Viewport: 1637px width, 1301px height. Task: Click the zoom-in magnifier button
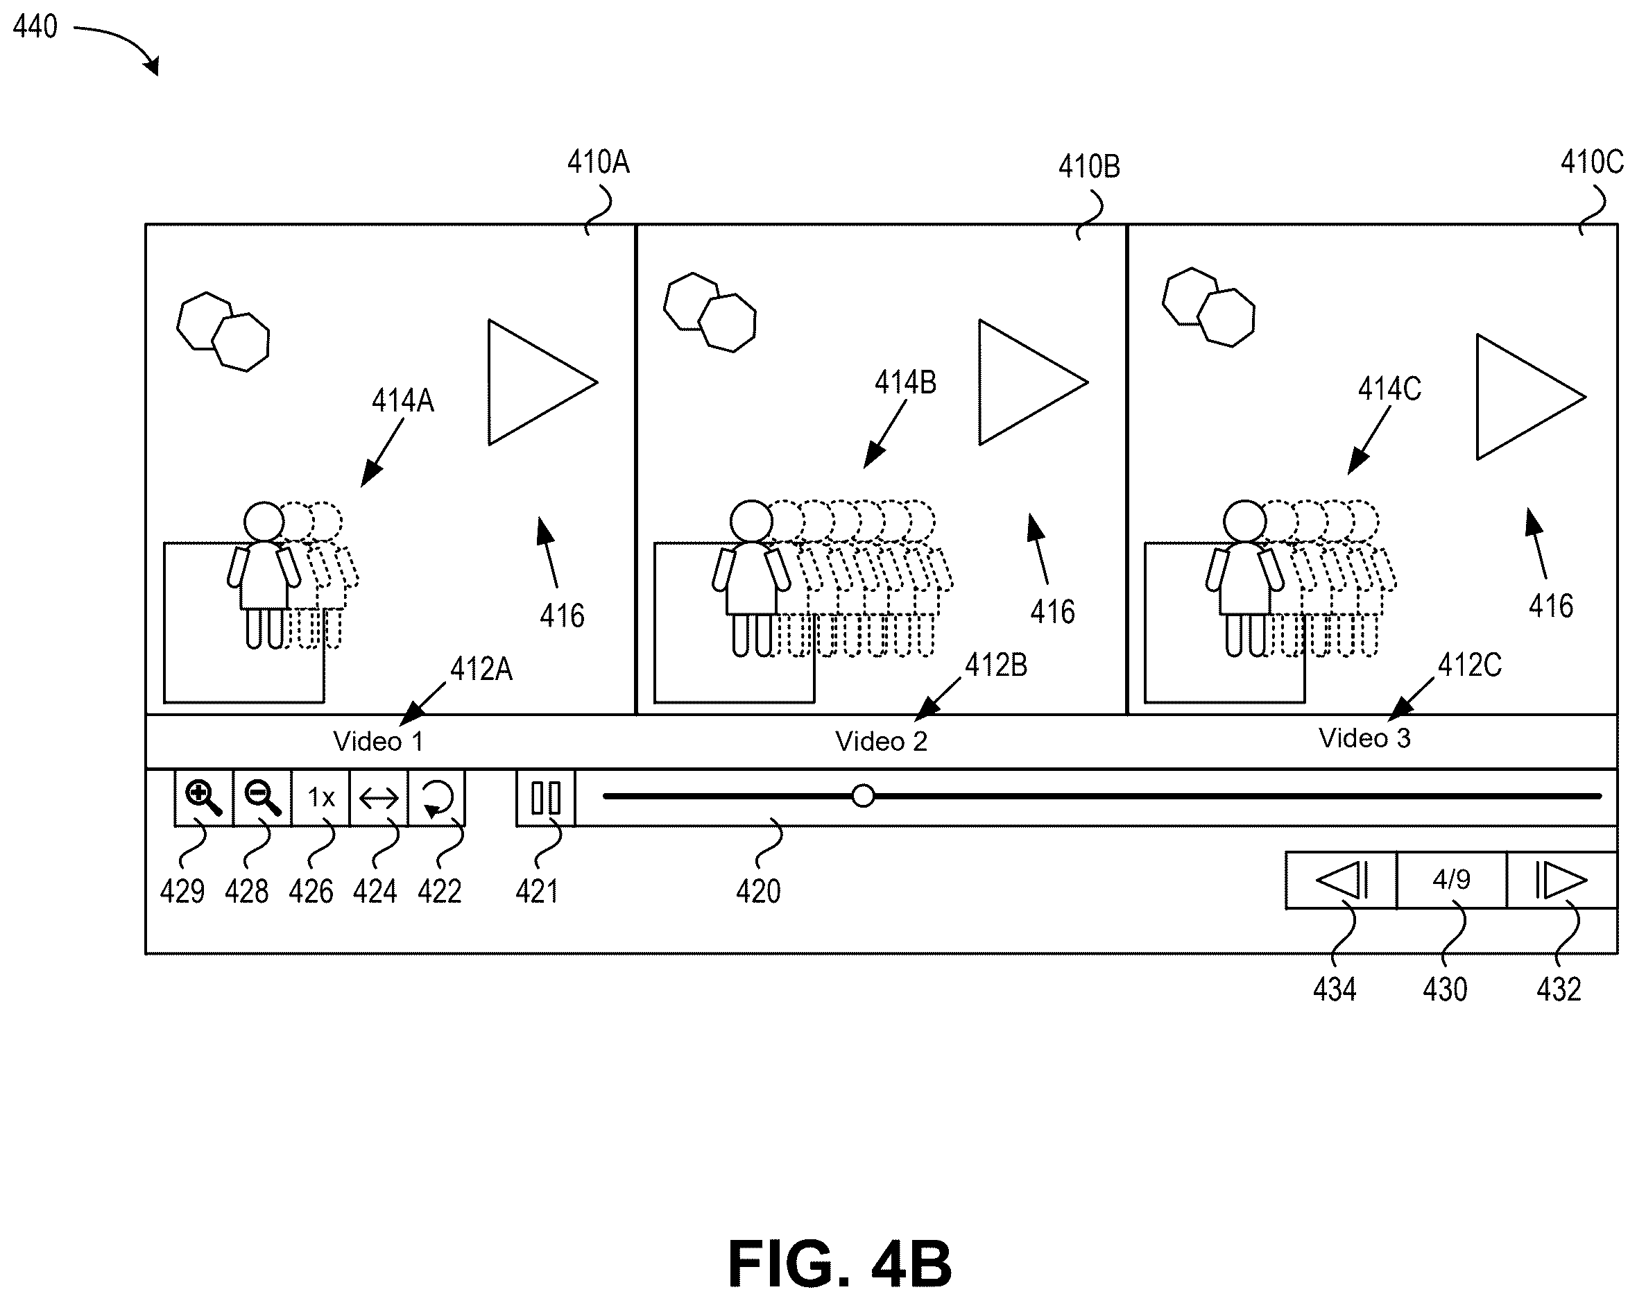[204, 798]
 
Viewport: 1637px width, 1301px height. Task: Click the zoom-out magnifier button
[263, 798]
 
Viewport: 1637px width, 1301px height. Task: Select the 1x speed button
[321, 798]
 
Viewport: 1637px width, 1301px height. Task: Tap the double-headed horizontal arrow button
[379, 798]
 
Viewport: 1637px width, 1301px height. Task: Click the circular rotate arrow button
[438, 798]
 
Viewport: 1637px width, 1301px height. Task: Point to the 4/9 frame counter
[1452, 881]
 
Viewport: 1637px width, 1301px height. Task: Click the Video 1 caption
[378, 741]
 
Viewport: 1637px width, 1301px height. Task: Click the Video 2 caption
[882, 741]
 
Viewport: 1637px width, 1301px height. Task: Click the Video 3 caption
[1364, 738]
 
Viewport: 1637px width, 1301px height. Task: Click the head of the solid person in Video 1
[264, 522]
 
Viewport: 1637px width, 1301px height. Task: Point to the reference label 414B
[905, 383]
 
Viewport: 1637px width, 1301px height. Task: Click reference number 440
[35, 26]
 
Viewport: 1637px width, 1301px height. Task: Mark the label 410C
[1591, 162]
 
